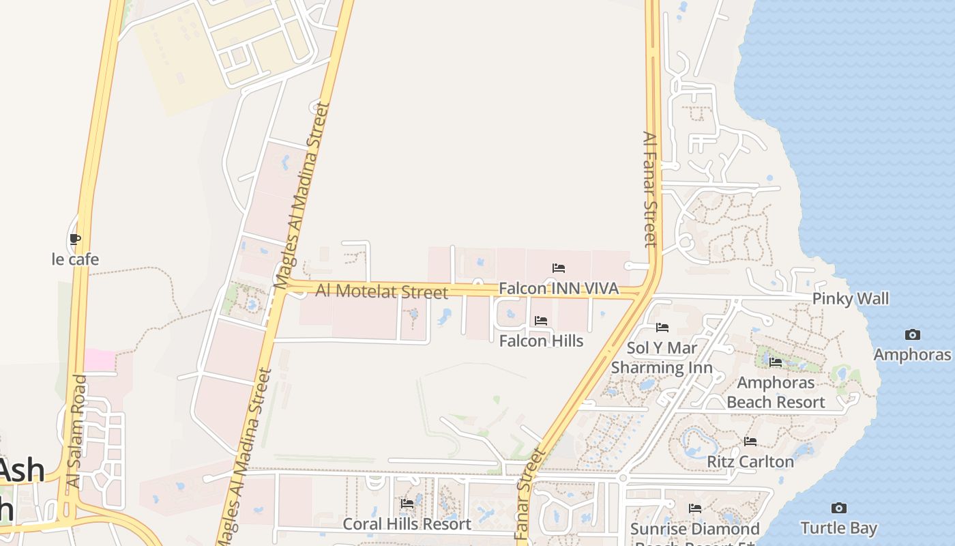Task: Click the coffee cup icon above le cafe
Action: click(75, 240)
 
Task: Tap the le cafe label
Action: click(75, 259)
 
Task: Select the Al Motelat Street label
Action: click(381, 291)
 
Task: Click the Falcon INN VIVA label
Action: click(559, 289)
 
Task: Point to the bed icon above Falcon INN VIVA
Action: click(559, 268)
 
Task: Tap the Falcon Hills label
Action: click(541, 341)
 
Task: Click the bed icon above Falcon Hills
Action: click(541, 320)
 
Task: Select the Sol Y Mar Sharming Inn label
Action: click(662, 358)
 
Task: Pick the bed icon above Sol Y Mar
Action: click(662, 328)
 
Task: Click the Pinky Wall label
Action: click(851, 299)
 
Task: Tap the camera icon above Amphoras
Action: click(912, 334)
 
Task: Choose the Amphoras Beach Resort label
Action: click(776, 392)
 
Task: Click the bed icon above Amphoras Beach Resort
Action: click(776, 362)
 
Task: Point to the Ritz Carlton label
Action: click(750, 462)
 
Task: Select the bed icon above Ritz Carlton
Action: click(750, 442)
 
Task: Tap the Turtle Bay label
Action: click(838, 528)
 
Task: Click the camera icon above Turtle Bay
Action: click(838, 508)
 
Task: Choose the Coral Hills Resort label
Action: click(407, 524)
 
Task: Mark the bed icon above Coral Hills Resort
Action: click(407, 504)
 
